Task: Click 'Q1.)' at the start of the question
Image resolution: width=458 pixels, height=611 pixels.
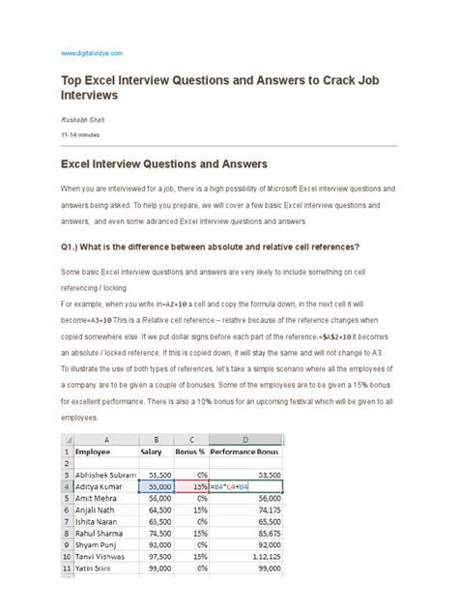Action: [72, 247]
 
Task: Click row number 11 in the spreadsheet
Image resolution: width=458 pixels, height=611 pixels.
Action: [68, 597]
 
